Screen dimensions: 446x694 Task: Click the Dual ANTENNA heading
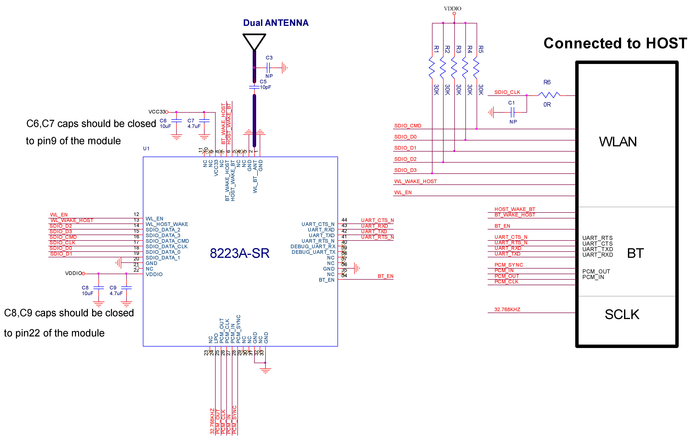coord(276,23)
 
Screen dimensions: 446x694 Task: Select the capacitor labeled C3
coord(268,68)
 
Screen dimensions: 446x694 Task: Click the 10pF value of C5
coord(266,87)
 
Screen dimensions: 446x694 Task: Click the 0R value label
coord(547,105)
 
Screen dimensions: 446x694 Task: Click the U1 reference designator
coord(146,149)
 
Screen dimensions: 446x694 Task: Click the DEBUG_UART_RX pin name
coord(313,246)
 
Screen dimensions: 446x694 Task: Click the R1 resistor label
coord(436,49)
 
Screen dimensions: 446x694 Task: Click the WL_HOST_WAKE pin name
coord(167,224)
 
